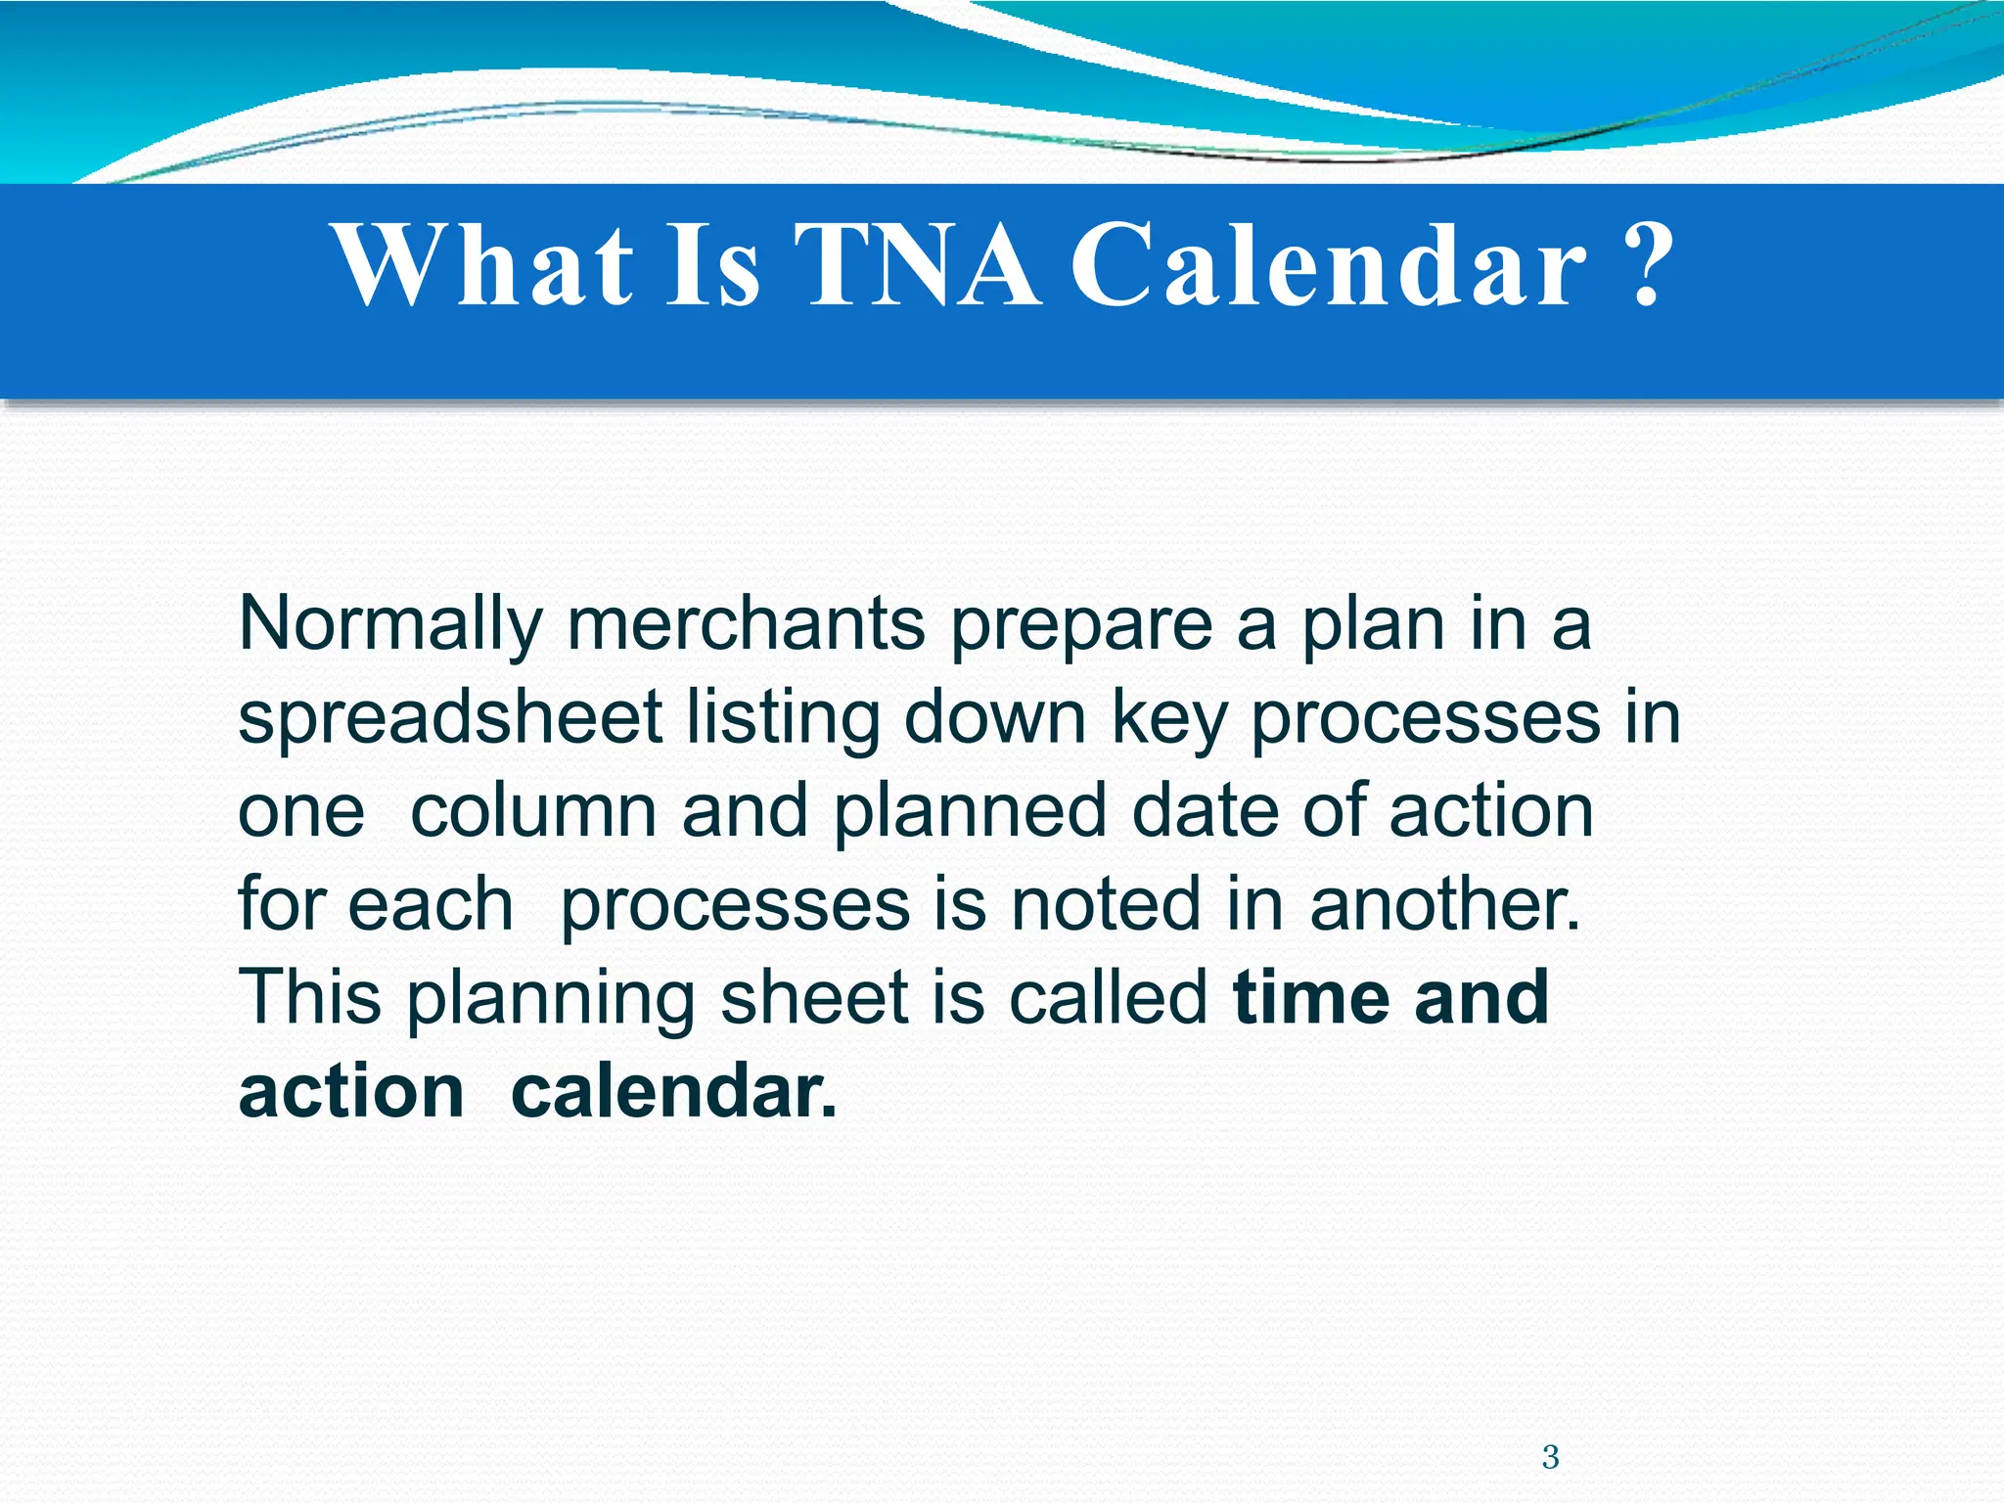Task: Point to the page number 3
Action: pos(1550,1457)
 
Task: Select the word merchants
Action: pos(746,624)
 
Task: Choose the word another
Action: pos(1444,904)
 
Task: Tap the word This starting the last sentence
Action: pos(309,997)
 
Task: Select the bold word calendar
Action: pos(674,1091)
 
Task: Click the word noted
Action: pos(1105,904)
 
